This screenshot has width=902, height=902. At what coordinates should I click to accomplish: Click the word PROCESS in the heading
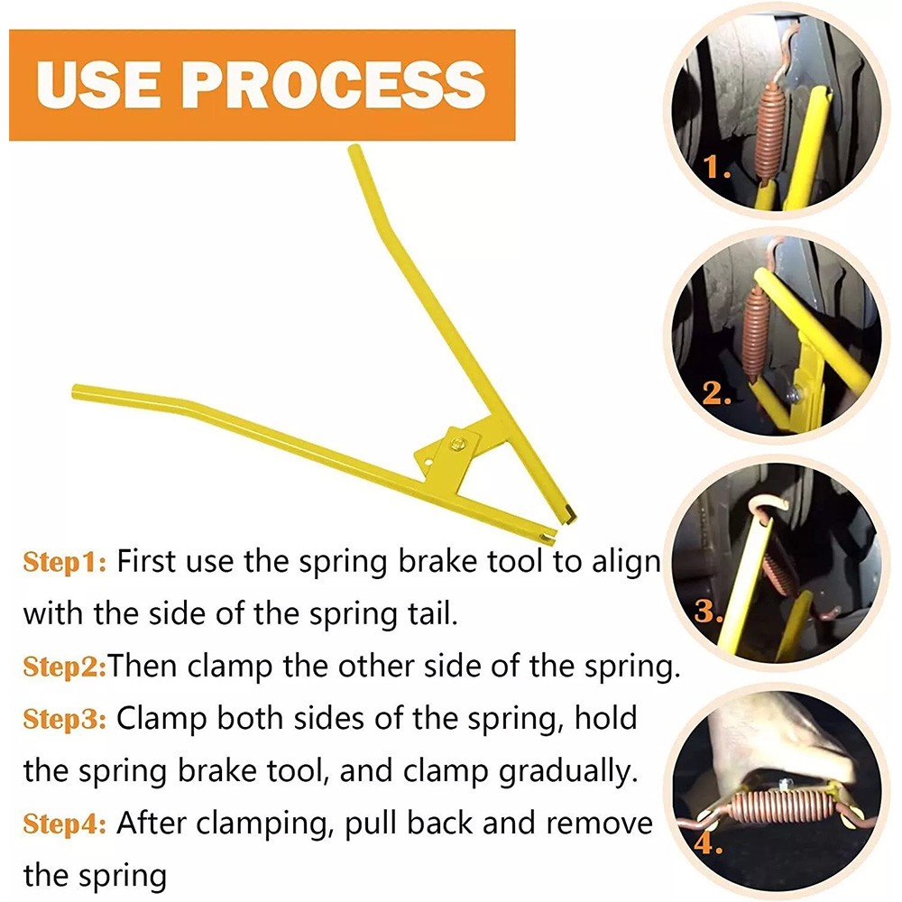pyautogui.click(x=336, y=83)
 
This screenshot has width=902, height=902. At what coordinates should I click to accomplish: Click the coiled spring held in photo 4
pyautogui.click(x=773, y=805)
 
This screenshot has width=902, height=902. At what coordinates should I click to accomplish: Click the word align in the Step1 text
pyautogui.click(x=624, y=564)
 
